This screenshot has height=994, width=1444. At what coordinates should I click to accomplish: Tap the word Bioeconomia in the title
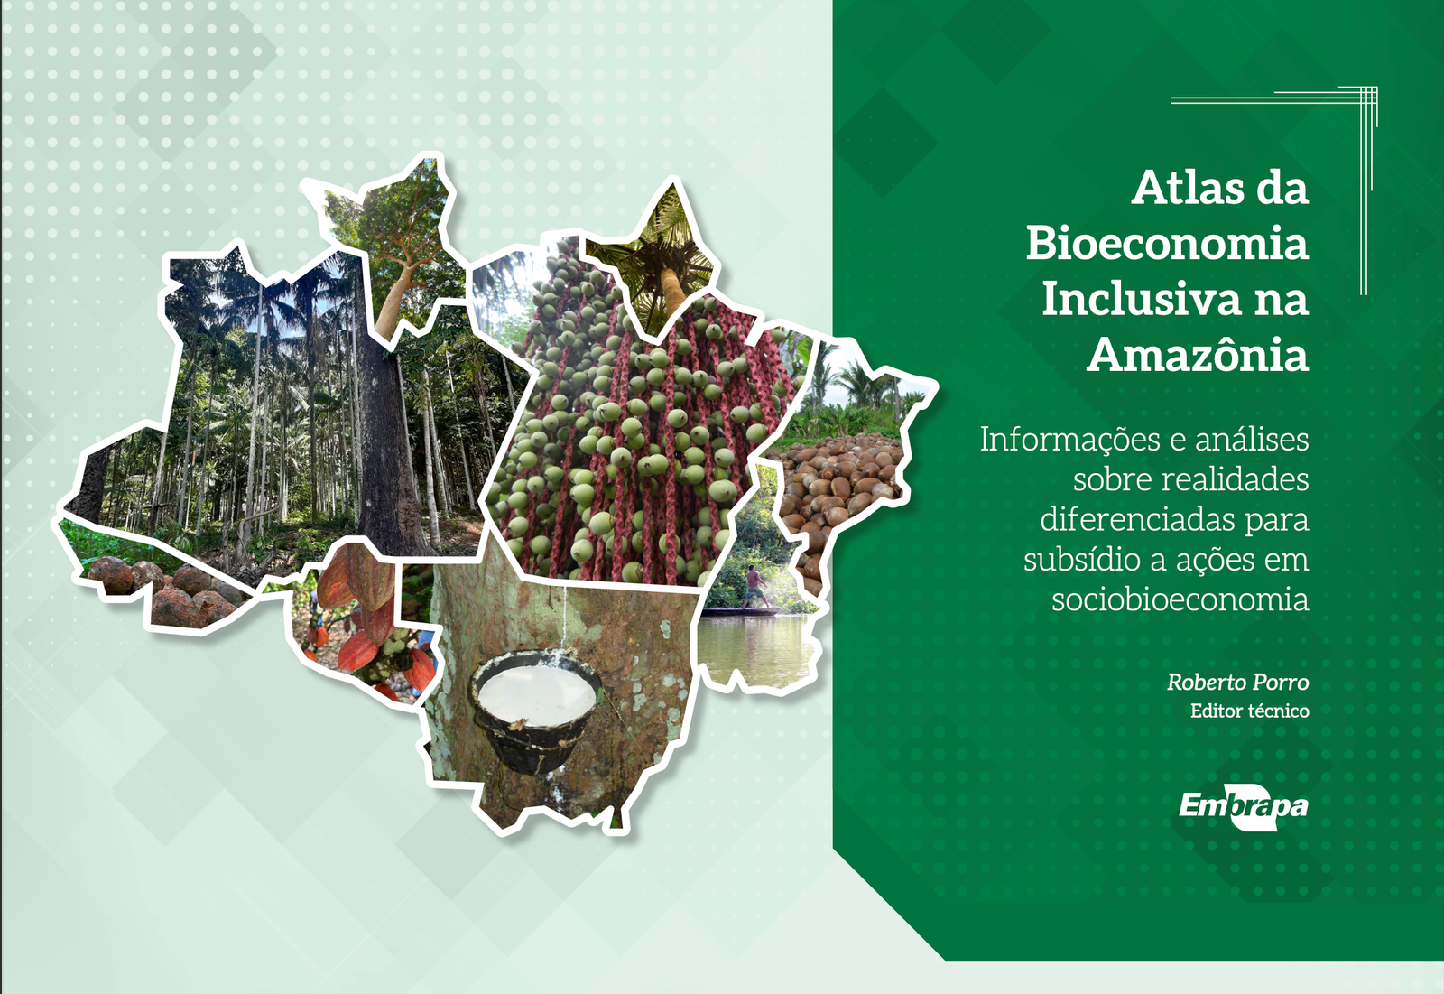pyautogui.click(x=1168, y=243)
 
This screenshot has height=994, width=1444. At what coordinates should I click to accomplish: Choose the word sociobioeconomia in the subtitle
pyautogui.click(x=1180, y=599)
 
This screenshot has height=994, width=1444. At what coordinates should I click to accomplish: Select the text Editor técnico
pyautogui.click(x=1249, y=711)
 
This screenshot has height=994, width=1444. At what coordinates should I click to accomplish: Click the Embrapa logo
pyautogui.click(x=1243, y=805)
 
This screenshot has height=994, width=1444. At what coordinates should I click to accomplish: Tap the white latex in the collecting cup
pyautogui.click(x=536, y=693)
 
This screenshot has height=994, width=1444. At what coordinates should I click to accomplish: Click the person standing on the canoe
pyautogui.click(x=754, y=586)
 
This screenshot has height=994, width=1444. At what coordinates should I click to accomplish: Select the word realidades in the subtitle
pyautogui.click(x=1190, y=479)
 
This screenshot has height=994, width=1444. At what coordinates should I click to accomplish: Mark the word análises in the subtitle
pyautogui.click(x=1252, y=440)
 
